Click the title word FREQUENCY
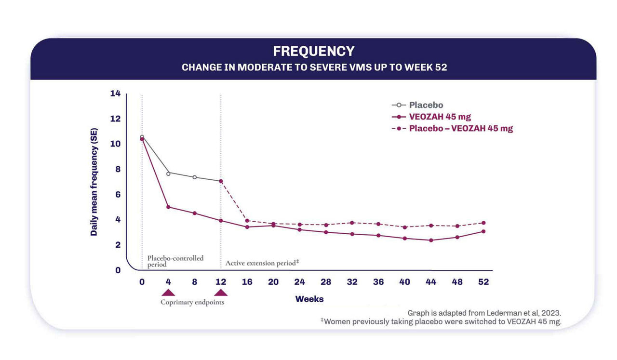click(x=313, y=51)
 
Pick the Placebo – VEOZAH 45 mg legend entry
click(x=460, y=128)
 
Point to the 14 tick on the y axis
click(x=115, y=93)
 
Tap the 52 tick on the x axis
click(x=483, y=282)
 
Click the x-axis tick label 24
click(x=299, y=282)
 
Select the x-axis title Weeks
click(x=309, y=299)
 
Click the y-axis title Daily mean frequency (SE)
click(x=94, y=182)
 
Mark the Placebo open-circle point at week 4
click(x=168, y=173)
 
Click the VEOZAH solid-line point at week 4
click(x=168, y=207)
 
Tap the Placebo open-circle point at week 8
click(x=195, y=177)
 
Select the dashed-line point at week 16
click(x=247, y=221)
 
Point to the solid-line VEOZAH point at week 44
click(x=431, y=240)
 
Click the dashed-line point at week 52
click(x=483, y=223)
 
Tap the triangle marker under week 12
click(x=221, y=293)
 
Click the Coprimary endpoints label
click(x=192, y=303)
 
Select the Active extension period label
click(x=262, y=263)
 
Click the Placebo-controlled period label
click(x=175, y=261)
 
